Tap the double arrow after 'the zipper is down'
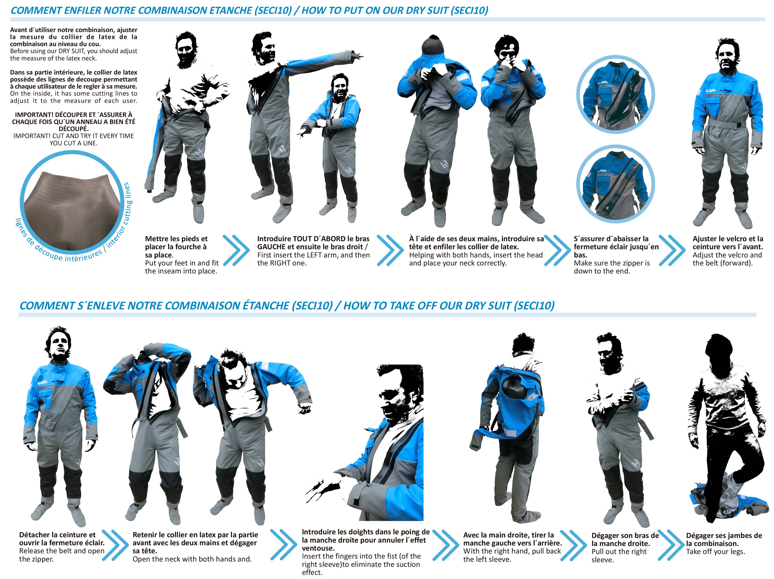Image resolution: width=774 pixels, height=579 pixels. (x=672, y=250)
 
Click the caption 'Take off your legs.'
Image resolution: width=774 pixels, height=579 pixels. (x=716, y=552)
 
